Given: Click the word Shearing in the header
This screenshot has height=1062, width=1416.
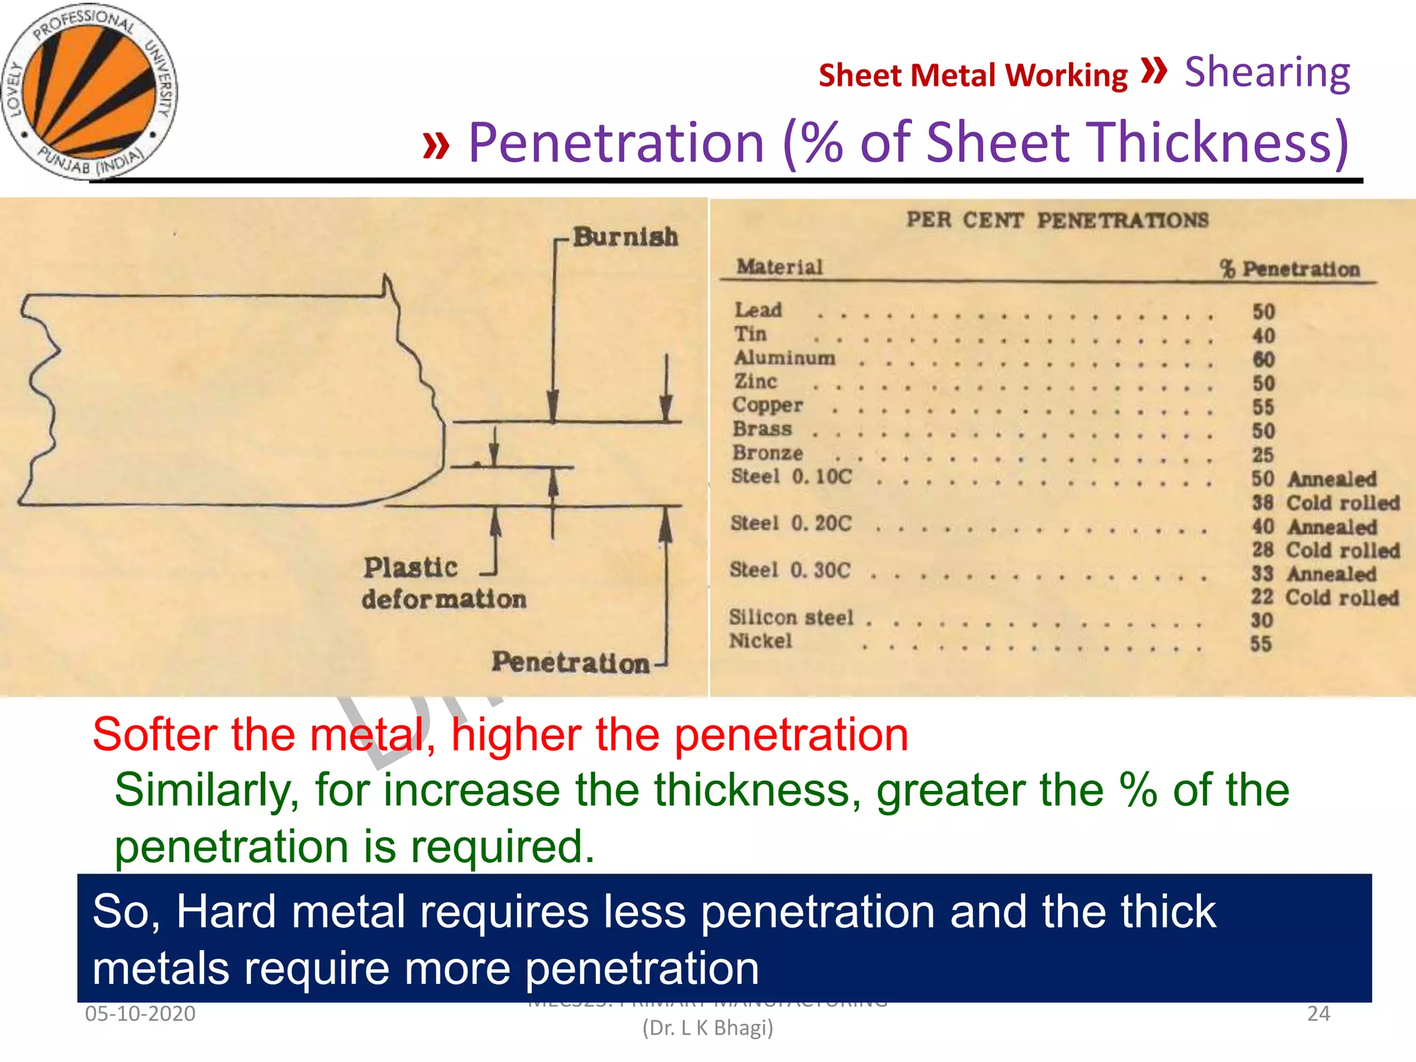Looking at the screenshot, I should pos(1267,73).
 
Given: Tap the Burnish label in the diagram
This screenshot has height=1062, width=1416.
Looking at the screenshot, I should pos(625,237).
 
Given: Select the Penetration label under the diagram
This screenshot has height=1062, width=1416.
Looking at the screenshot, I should pos(570,662).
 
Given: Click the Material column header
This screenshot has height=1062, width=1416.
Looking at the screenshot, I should pos(779,267).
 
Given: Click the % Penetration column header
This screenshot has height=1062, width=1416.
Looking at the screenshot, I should pos(1289,269).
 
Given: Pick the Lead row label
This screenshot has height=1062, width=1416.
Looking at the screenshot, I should pos(758,310).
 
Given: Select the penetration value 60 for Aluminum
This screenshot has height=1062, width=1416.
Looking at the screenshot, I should pos(1263,360).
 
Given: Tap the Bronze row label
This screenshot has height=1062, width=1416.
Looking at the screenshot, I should pos(767,453).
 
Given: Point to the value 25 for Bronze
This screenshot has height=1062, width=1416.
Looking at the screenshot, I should pos(1263,455).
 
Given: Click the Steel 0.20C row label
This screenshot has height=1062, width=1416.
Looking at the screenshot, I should pos(791,523).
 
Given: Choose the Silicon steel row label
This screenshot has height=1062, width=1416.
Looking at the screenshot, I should pos(791,617).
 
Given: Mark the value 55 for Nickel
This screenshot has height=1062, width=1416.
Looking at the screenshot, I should pos(1260,644).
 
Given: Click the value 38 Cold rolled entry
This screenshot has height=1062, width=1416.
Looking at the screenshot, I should pos(1325,503).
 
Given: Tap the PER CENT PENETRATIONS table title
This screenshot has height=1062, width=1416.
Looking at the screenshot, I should pos(1057,221).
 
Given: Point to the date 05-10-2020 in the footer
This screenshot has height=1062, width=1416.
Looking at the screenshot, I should pos(140,1014).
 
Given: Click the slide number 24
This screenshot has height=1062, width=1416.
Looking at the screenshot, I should pos(1318,1014).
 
